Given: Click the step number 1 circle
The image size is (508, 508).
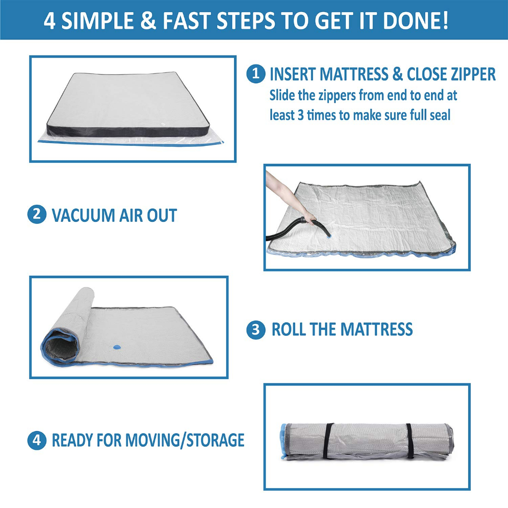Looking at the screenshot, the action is [256, 74].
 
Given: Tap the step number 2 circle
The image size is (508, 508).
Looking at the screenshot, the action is [37, 214].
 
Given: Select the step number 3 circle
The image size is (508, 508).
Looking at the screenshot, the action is [256, 329].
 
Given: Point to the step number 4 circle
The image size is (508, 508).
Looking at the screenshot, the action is [37, 440].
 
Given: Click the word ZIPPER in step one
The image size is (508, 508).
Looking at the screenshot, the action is [467, 74].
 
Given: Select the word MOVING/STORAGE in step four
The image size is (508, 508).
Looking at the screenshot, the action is [185, 441].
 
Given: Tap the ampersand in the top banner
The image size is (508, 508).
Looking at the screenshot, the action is [148, 21].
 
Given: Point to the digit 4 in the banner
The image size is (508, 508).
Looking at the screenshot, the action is [49, 21].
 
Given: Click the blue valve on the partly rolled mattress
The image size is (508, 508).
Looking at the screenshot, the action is [117, 347].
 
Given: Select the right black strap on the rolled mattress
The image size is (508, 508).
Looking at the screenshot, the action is [410, 441].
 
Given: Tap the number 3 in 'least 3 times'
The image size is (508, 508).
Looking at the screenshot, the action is [300, 115].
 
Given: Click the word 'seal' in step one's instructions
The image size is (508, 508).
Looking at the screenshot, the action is [440, 115].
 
